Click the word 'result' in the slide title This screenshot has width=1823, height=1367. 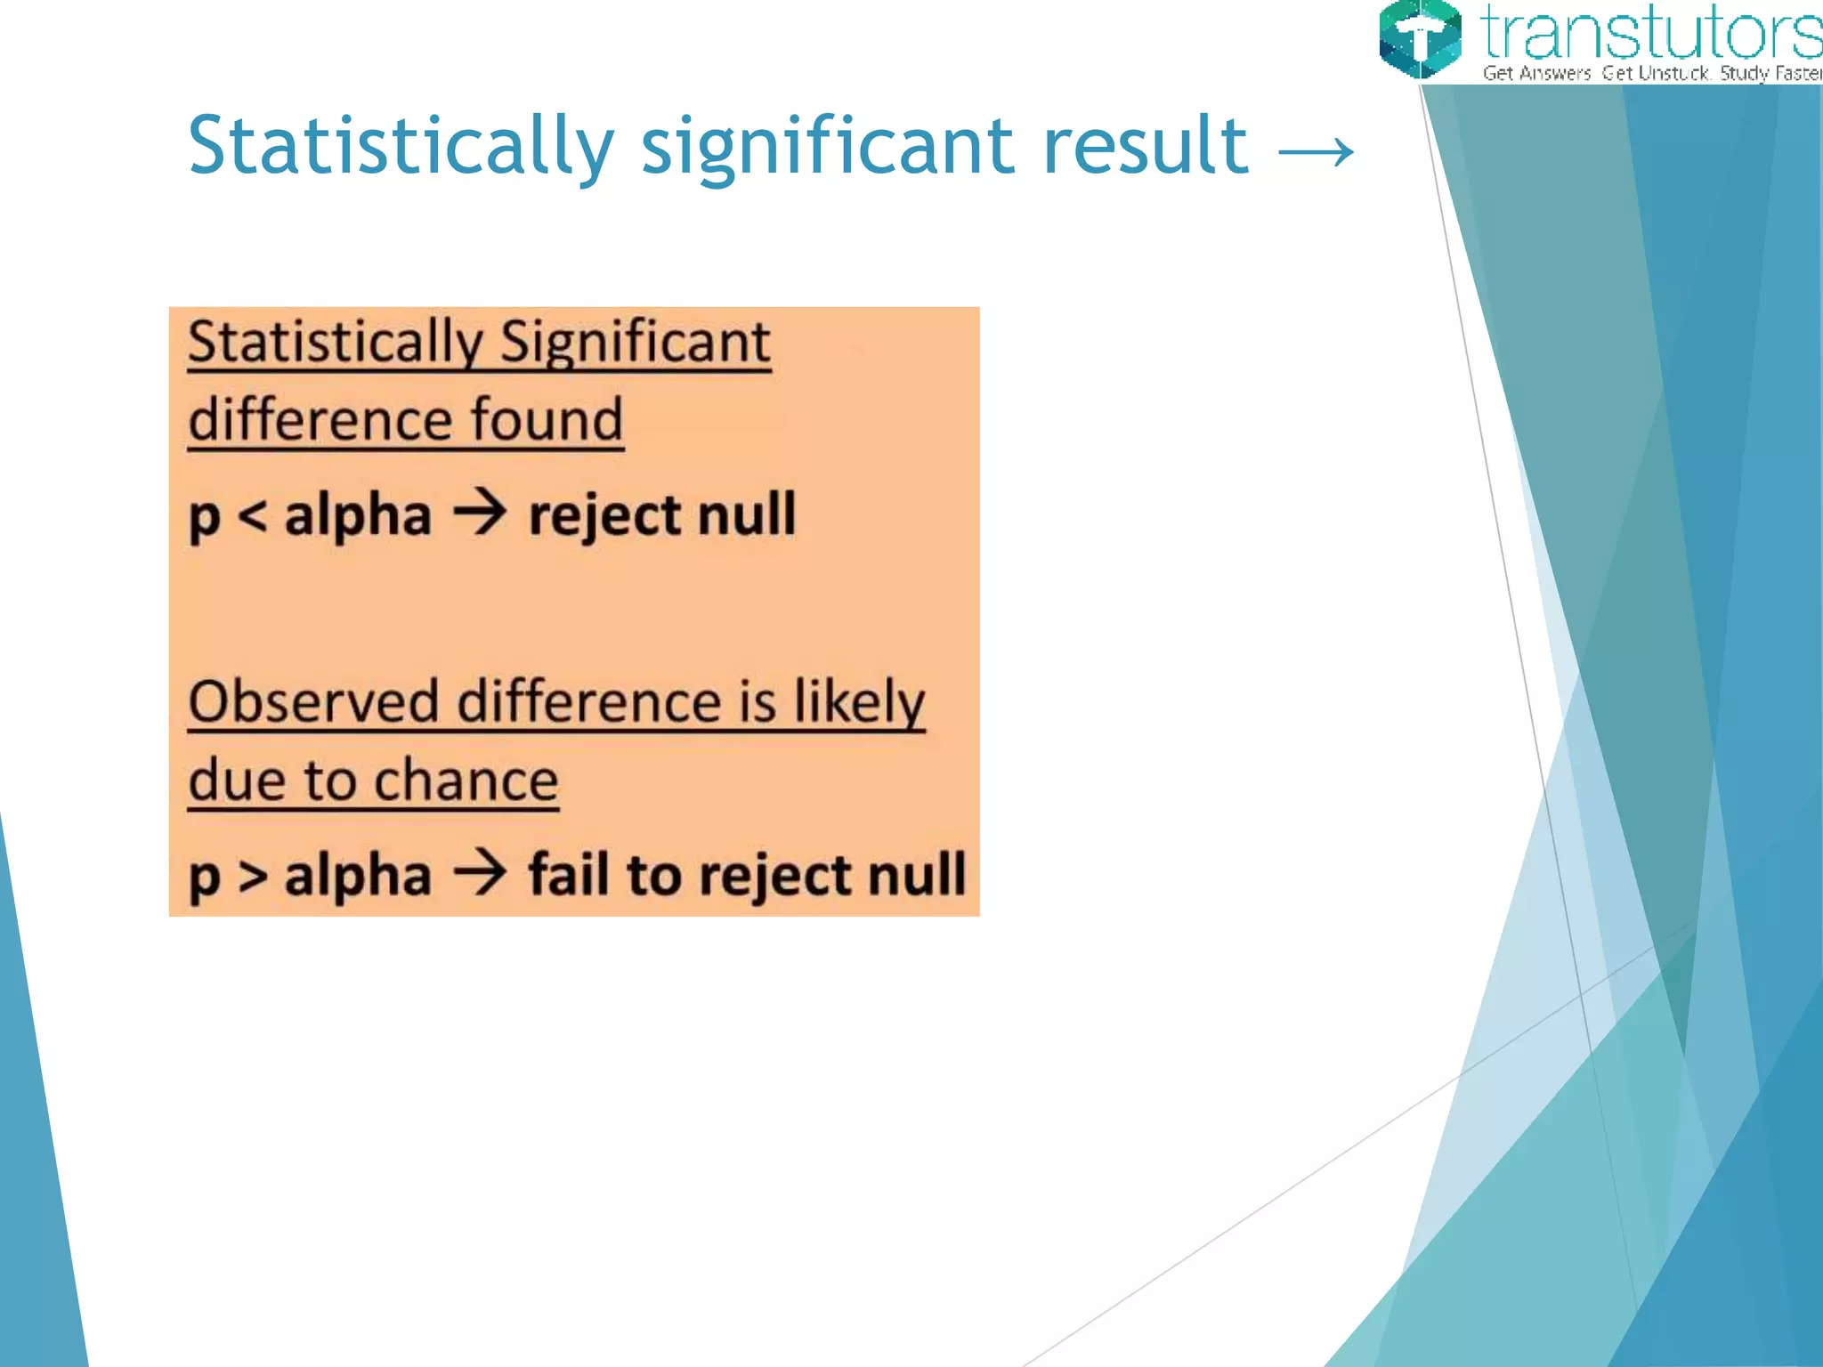click(1146, 146)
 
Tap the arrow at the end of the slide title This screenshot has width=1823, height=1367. click(1316, 152)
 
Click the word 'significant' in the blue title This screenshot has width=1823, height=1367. click(827, 148)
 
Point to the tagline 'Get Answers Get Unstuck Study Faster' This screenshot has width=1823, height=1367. click(1651, 73)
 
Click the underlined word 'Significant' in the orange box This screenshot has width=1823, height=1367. click(635, 342)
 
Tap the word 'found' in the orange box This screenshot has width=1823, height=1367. click(547, 420)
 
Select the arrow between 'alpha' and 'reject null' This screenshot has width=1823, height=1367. click(480, 514)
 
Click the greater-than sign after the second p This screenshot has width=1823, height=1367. click(253, 876)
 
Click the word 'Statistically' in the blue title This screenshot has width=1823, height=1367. click(401, 148)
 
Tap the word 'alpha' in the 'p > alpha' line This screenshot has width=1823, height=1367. click(358, 876)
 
